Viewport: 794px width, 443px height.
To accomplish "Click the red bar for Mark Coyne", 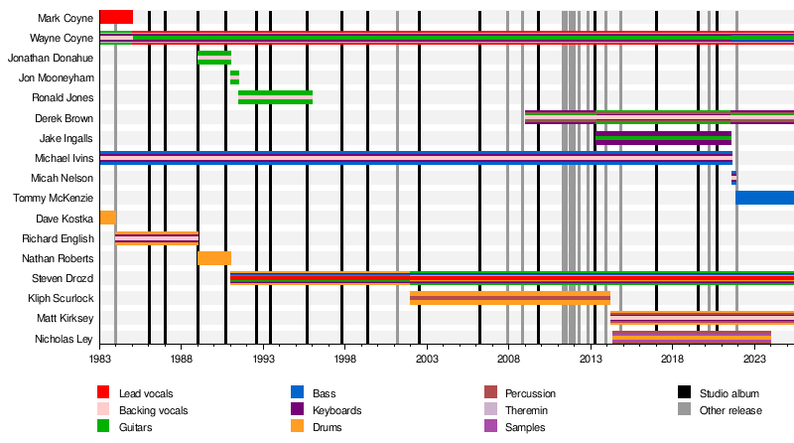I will [116, 17].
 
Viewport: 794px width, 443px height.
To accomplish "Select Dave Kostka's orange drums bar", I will [108, 218].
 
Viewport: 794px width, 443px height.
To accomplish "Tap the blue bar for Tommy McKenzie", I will [764, 198].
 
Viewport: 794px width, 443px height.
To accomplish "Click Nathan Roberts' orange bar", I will [214, 258].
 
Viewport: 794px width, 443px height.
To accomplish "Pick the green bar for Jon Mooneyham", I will [234, 77].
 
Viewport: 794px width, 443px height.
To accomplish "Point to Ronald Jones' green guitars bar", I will [275, 97].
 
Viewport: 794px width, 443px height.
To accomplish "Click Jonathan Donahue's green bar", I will [214, 58].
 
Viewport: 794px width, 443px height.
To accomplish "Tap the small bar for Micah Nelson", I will [733, 178].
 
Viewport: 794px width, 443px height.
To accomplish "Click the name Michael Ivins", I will [65, 158].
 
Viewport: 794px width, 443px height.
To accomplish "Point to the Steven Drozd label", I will [63, 278].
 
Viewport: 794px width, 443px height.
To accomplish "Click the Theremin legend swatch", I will [490, 410].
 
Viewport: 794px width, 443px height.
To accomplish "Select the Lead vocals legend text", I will [146, 393].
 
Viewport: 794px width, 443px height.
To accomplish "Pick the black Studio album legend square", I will [684, 393].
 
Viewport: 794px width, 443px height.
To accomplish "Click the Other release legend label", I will [730, 410].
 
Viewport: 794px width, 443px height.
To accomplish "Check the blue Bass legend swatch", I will [297, 393].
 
